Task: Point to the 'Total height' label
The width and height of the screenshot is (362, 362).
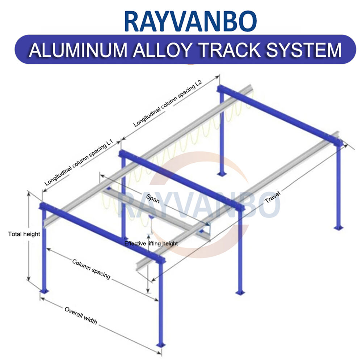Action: pos(24,234)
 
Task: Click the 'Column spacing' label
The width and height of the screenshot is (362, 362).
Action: pos(91,268)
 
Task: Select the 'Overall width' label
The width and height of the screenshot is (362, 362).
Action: pos(81,315)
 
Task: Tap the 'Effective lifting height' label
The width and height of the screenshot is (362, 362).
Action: pos(151,243)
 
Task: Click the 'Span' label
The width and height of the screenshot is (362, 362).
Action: pos(154,199)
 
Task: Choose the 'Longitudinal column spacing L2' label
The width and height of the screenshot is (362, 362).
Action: pos(167,103)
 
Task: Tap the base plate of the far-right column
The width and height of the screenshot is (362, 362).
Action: pos(338,228)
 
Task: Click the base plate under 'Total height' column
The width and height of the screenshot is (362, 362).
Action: pos(44,291)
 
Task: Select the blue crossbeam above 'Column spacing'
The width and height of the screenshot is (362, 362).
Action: pos(101,231)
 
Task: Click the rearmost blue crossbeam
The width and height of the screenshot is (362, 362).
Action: pos(279,116)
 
